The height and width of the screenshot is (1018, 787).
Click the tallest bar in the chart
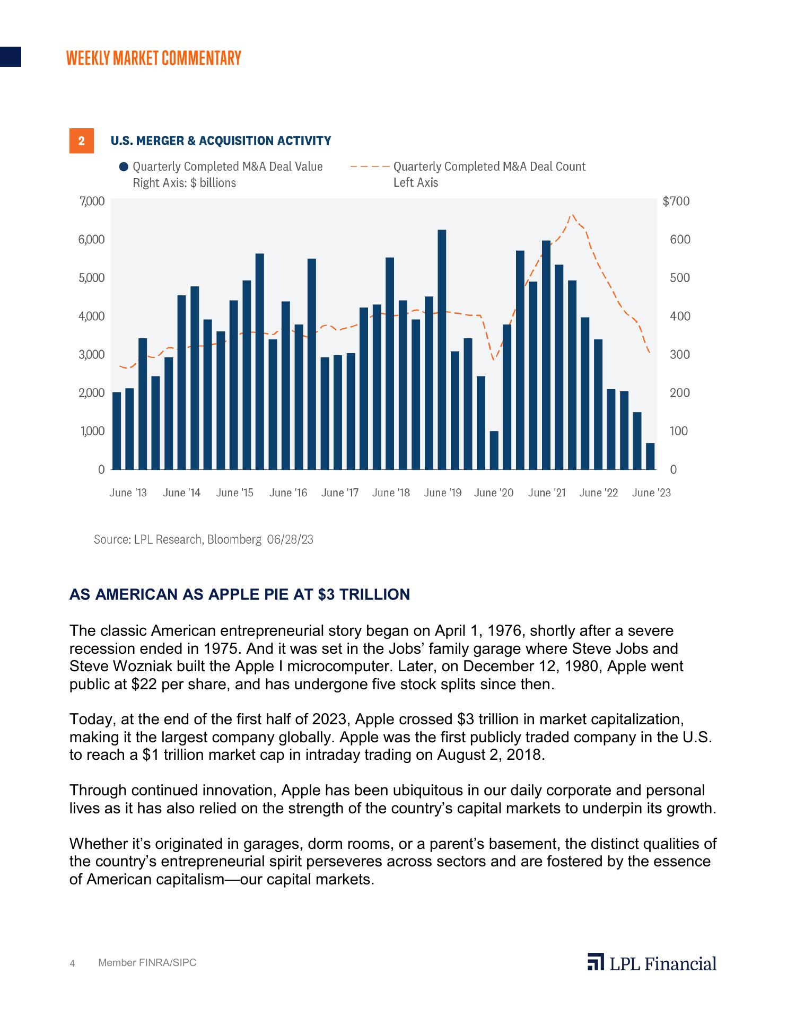(x=442, y=350)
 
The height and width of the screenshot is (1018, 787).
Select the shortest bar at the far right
(x=650, y=457)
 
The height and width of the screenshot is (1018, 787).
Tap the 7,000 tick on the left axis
(x=92, y=201)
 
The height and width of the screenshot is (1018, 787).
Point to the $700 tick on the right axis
(x=676, y=201)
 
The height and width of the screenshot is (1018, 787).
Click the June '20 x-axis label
(x=494, y=493)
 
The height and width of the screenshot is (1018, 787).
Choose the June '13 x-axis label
(x=128, y=493)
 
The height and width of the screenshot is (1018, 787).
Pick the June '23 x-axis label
(x=651, y=493)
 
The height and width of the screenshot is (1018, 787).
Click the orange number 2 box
(x=82, y=141)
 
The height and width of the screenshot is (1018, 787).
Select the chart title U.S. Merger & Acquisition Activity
(x=221, y=141)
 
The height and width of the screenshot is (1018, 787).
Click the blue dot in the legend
(x=124, y=167)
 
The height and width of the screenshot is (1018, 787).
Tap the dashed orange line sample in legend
(x=370, y=167)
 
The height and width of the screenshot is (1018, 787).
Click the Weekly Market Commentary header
(x=154, y=58)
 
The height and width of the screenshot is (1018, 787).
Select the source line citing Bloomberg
(x=204, y=540)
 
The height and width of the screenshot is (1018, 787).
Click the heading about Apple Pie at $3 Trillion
(x=240, y=594)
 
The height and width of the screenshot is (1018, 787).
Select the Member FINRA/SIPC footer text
(x=147, y=963)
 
